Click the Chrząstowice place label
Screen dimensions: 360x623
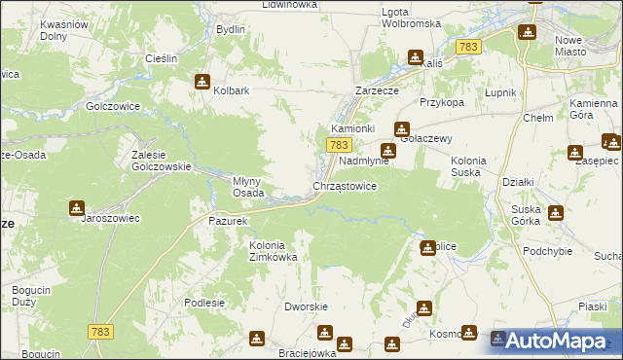[x=344, y=186]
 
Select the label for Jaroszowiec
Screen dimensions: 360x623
[x=109, y=219]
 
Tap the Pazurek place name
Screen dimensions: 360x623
[x=230, y=221]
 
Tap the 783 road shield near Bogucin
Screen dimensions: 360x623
[x=99, y=332]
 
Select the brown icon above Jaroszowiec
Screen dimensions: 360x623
[x=77, y=207]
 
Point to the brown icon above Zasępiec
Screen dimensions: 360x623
[x=574, y=152]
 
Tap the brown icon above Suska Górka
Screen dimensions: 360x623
[x=556, y=213]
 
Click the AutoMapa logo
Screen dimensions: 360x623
[x=555, y=340]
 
